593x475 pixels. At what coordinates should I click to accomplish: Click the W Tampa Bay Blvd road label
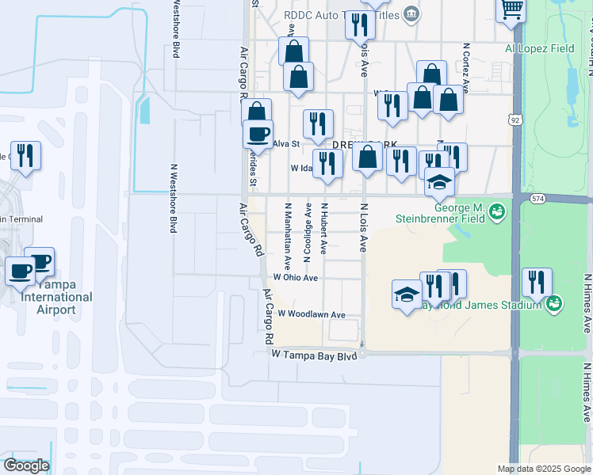315,356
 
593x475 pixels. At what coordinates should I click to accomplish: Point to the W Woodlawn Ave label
311,314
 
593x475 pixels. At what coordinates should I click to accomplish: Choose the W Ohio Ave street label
296,278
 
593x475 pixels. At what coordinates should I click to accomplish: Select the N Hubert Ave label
323,228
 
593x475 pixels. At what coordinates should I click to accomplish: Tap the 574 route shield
538,198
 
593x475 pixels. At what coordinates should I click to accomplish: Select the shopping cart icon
511,10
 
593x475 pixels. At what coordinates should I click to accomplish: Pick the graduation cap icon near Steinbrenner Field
438,183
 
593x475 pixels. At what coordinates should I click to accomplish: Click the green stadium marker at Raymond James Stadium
554,302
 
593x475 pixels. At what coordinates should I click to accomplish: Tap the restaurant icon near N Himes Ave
537,283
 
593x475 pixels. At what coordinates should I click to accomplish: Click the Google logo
26,465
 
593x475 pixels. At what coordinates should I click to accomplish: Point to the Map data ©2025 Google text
544,469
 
